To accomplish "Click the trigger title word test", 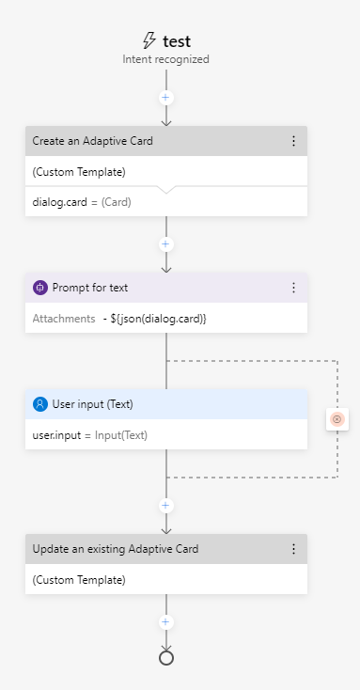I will coord(176,40).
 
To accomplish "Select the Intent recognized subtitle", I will coord(165,59).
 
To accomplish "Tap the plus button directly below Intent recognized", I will coord(166,97).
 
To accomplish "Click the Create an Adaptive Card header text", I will coord(92,141).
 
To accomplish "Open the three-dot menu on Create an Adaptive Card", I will coord(293,141).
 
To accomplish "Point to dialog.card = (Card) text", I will coord(82,201).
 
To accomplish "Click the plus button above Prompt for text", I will coord(166,243).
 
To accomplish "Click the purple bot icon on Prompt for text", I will coord(40,288).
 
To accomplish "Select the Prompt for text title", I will coord(90,288).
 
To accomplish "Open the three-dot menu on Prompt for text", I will coord(293,288).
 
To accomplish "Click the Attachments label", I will coord(64,319).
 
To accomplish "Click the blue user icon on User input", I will coord(40,404).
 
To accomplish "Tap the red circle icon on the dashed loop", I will coord(337,419).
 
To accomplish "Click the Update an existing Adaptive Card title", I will coord(116,549).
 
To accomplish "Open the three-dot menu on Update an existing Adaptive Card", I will coord(293,549).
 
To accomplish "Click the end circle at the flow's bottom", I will coord(166,658).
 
